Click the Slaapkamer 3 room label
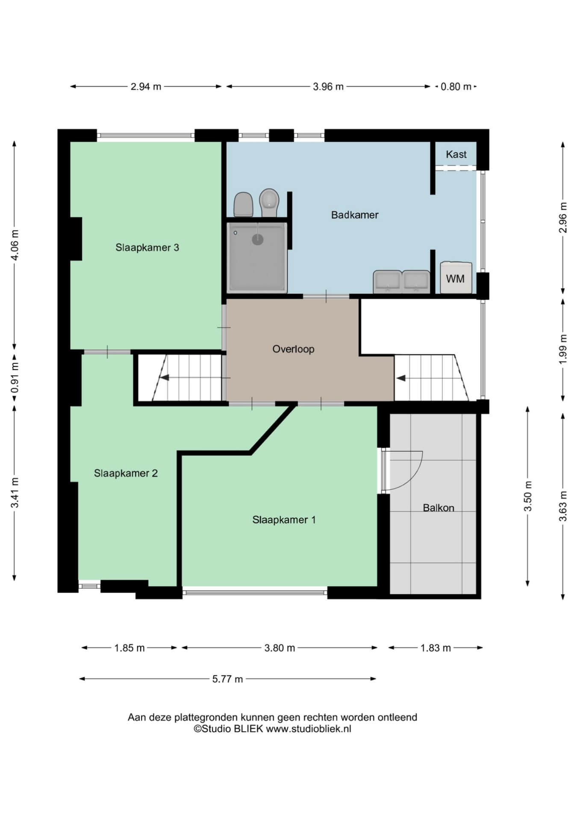tap(147, 248)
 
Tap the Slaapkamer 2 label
tap(126, 473)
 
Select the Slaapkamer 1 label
tap(284, 520)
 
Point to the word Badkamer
tap(355, 215)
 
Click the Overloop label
tap(293, 349)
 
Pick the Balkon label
tap(439, 508)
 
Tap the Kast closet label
tap(456, 154)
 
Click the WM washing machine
tap(456, 278)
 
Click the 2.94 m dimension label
tap(146, 87)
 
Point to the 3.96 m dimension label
tap(328, 87)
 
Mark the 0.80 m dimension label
tap(456, 87)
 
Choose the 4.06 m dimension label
tap(15, 245)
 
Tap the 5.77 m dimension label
tap(227, 679)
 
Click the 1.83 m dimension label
tap(436, 648)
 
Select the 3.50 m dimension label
tap(528, 496)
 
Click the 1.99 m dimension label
tap(563, 349)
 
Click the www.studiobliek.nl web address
tap(309, 729)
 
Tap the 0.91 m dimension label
tap(15, 378)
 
